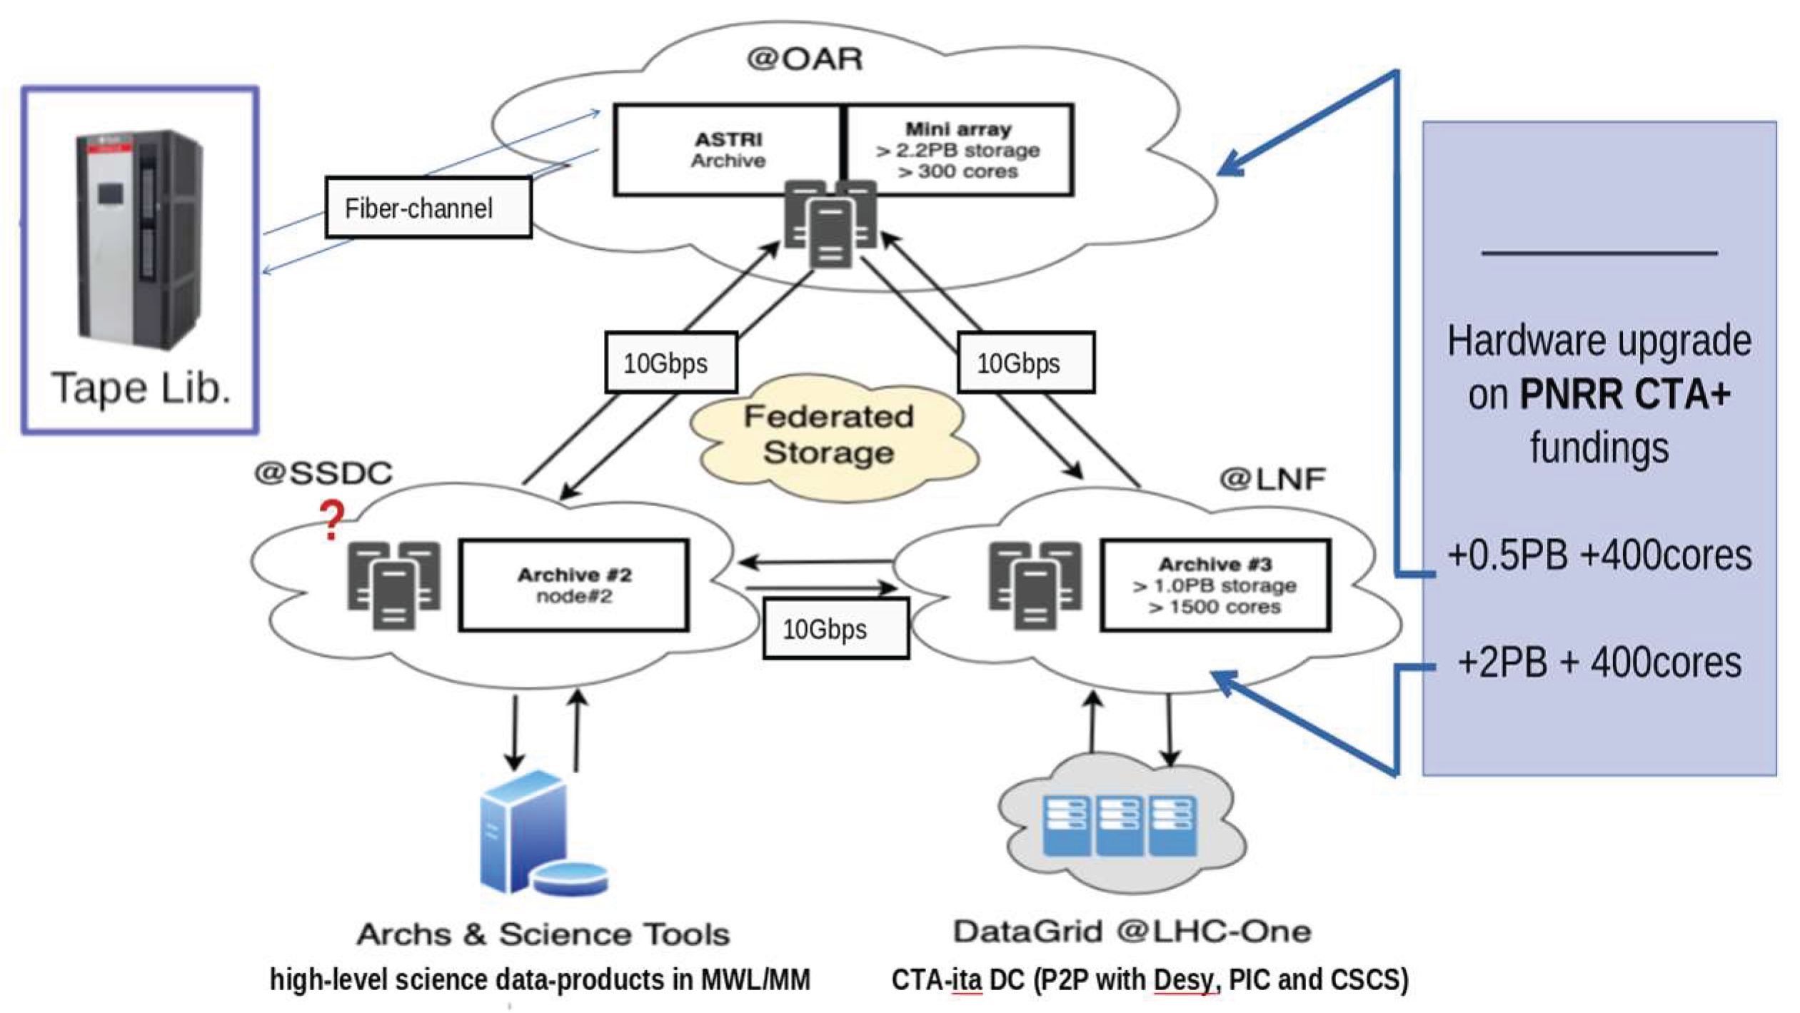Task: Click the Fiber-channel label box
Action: tap(428, 208)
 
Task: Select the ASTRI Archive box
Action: tap(727, 150)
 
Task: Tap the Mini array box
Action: tap(958, 150)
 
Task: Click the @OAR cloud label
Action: tap(804, 59)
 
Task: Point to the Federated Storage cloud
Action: tap(828, 435)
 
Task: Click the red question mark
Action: tap(331, 520)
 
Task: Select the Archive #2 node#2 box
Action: tap(574, 585)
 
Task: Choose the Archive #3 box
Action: tap(1215, 585)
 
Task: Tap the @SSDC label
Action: tap(323, 473)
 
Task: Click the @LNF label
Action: tap(1272, 478)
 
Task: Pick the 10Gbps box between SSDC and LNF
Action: tap(835, 629)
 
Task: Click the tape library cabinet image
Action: tap(140, 239)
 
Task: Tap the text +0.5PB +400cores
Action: tap(1599, 555)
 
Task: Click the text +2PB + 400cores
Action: tap(1599, 662)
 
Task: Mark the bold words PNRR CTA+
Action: tap(1624, 394)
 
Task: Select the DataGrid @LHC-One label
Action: tap(1132, 932)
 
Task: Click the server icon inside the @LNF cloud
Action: tap(1034, 585)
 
